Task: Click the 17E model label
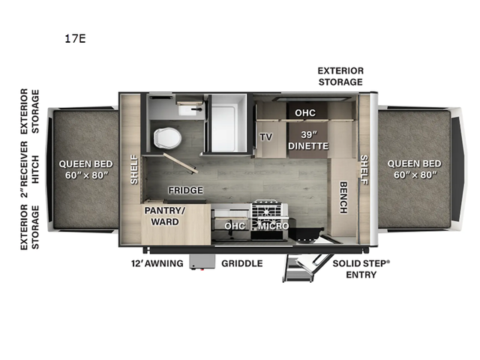(x=75, y=39)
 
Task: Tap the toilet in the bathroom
(x=167, y=138)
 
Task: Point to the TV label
(x=266, y=136)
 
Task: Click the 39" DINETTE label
(x=308, y=140)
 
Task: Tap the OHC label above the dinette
(x=305, y=113)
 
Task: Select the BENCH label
(x=343, y=197)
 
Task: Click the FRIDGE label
(x=185, y=190)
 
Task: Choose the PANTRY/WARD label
(x=165, y=216)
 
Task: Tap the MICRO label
(x=273, y=226)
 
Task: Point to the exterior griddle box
(x=202, y=262)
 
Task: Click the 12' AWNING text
(x=157, y=263)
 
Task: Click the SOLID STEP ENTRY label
(x=361, y=269)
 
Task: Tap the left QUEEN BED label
(x=85, y=169)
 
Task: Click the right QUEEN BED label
(x=415, y=169)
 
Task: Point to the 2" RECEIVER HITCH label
(x=30, y=169)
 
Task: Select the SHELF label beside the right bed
(x=364, y=169)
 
